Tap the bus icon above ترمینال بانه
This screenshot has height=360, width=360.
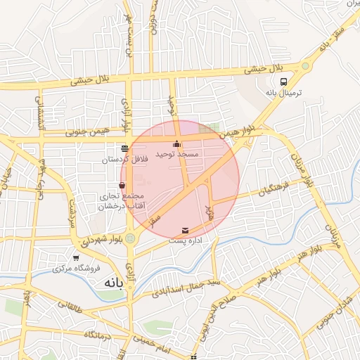tap(284, 82)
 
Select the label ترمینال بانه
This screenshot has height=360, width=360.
tap(284, 93)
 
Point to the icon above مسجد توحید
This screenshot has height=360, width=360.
tap(176, 144)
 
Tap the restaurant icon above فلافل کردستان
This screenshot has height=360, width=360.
tap(125, 148)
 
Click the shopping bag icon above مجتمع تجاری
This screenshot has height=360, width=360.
tap(122, 185)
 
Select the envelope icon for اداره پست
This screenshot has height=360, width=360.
tap(185, 231)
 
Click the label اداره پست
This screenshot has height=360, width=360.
tap(186, 240)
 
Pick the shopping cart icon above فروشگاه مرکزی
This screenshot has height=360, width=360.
tap(76, 258)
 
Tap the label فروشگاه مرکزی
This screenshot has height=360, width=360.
tap(77, 269)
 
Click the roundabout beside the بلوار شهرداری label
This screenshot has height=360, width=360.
tap(130, 238)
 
